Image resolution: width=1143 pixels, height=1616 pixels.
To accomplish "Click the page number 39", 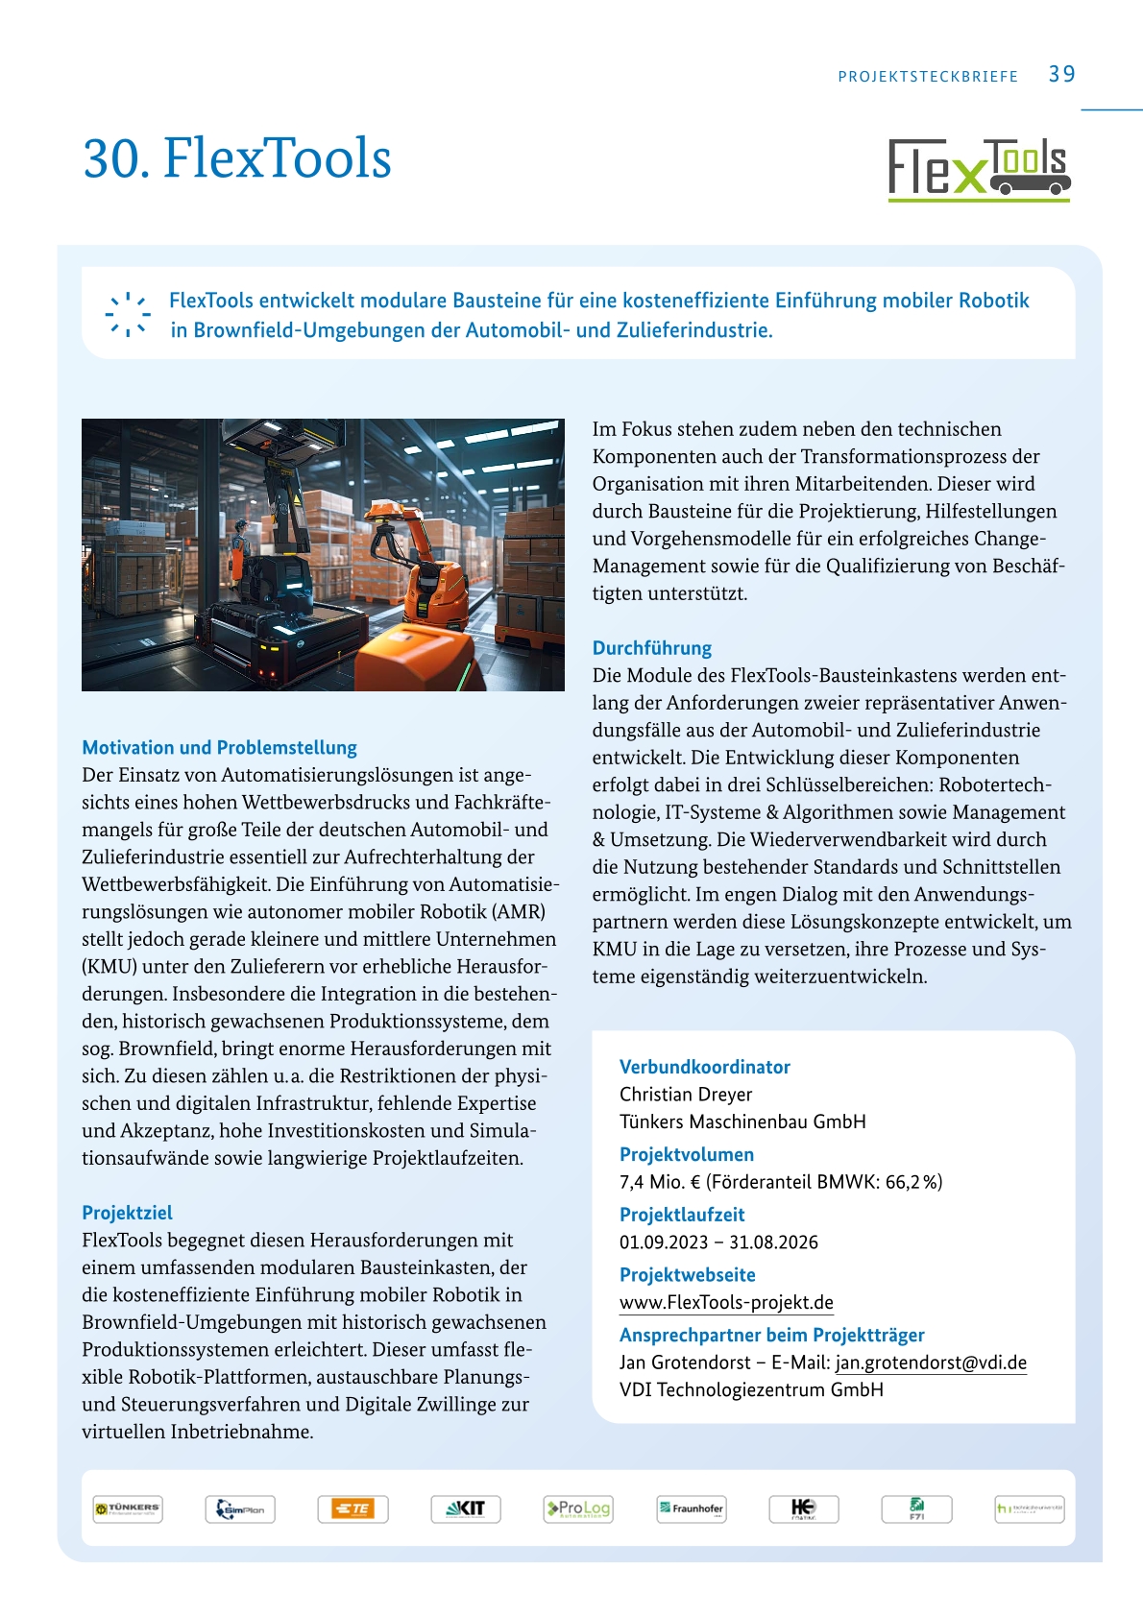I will [x=1061, y=74].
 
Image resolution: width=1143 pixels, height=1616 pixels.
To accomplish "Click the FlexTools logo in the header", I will [x=979, y=169].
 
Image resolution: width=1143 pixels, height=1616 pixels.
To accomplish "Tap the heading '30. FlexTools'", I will [x=237, y=157].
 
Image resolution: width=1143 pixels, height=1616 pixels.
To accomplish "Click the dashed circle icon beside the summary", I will [x=127, y=314].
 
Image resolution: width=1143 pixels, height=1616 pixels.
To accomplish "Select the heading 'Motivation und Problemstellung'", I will [x=219, y=747].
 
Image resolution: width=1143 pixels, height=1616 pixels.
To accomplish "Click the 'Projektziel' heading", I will [x=127, y=1212].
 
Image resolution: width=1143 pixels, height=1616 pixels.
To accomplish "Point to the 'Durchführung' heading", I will [x=651, y=647].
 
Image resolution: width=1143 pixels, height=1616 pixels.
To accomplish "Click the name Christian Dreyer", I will [x=685, y=1094].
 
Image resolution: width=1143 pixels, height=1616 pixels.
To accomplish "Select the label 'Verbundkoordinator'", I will [x=704, y=1066].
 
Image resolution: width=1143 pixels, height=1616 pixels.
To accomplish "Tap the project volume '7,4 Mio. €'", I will [x=660, y=1181].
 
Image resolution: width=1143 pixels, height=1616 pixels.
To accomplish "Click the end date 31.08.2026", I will [x=773, y=1242].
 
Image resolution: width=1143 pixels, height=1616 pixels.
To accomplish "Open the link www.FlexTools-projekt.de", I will [x=726, y=1302].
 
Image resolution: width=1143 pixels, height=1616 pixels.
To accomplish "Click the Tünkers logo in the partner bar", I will [x=128, y=1508].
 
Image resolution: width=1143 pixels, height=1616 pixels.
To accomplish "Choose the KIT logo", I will [x=466, y=1508].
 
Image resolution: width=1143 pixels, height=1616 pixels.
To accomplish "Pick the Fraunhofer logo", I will [x=691, y=1508].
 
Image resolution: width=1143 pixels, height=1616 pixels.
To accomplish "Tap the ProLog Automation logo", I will [x=578, y=1508].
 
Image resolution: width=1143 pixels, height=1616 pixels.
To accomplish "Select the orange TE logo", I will [x=353, y=1508].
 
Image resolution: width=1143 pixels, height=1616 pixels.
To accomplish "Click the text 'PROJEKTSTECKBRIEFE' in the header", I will [x=927, y=77].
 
